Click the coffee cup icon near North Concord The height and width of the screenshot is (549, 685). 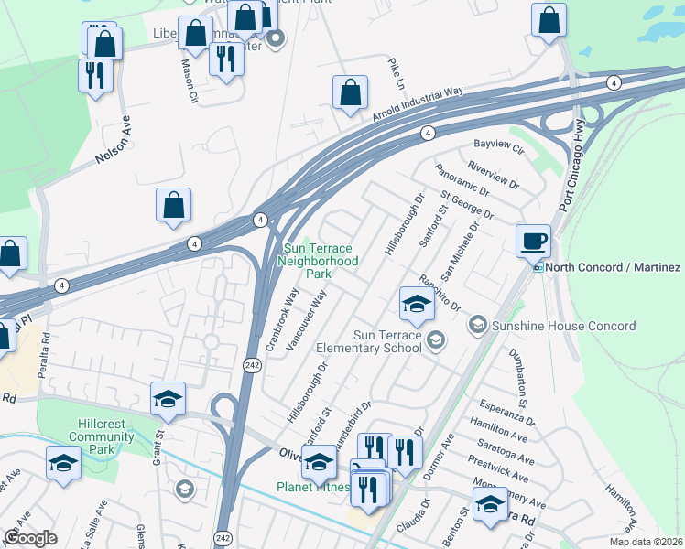coord(533,241)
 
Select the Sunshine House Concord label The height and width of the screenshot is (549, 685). coord(563,326)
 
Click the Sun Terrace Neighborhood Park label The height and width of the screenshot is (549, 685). coord(320,261)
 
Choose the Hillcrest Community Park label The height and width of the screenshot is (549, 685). coord(102,444)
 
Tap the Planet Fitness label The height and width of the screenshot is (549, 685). coord(313,487)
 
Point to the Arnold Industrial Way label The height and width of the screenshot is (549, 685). coord(418,104)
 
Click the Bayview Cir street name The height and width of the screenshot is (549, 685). coord(497,145)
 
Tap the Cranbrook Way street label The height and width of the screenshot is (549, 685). coord(281,320)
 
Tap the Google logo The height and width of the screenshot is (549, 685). coord(30,538)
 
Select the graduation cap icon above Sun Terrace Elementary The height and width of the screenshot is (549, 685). coord(416,304)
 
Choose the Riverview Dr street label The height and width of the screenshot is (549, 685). coord(492,174)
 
